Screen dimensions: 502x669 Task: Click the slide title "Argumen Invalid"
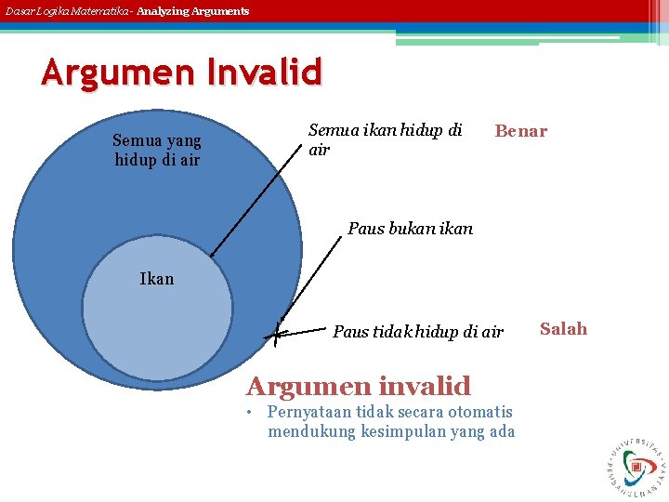point(181,73)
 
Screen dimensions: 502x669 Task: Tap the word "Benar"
point(520,131)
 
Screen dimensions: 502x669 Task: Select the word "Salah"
point(563,328)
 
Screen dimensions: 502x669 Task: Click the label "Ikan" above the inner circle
point(156,278)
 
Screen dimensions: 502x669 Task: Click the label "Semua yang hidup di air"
point(156,150)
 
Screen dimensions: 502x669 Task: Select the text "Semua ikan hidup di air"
point(385,139)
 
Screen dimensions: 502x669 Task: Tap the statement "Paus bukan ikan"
point(410,228)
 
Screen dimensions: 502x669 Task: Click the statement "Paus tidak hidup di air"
point(417,332)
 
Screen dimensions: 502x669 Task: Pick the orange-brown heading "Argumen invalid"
point(358,385)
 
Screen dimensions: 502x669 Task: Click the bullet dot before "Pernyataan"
point(250,413)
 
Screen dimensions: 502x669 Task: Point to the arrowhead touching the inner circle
point(212,254)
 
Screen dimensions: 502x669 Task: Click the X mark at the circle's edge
point(277,330)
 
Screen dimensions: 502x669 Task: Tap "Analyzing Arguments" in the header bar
point(193,11)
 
